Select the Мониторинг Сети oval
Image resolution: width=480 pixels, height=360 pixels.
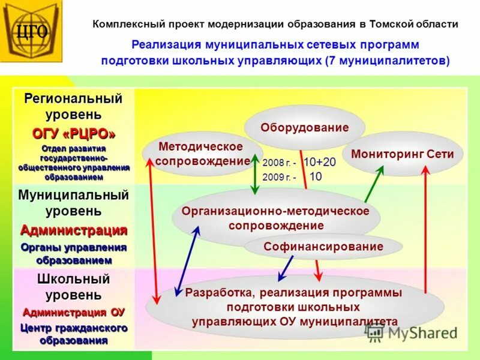point(403,154)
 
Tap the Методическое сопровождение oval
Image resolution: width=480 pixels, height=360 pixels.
point(202,154)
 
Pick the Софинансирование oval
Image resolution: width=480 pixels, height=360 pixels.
point(323,247)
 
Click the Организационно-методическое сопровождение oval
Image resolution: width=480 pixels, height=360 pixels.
point(275,218)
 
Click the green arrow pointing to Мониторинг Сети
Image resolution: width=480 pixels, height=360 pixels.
point(373,184)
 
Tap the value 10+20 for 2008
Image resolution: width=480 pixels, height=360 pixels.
point(320,162)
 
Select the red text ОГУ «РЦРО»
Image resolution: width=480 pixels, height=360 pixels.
point(73,133)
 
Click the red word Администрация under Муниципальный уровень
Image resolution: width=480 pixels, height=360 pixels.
point(73,230)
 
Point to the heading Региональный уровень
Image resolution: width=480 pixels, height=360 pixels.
point(73,106)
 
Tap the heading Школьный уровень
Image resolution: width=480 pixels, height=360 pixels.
point(73,287)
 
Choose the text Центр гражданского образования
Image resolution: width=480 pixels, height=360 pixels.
point(73,334)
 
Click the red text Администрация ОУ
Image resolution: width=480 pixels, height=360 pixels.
point(73,312)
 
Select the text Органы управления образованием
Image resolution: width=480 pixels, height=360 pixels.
point(73,254)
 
